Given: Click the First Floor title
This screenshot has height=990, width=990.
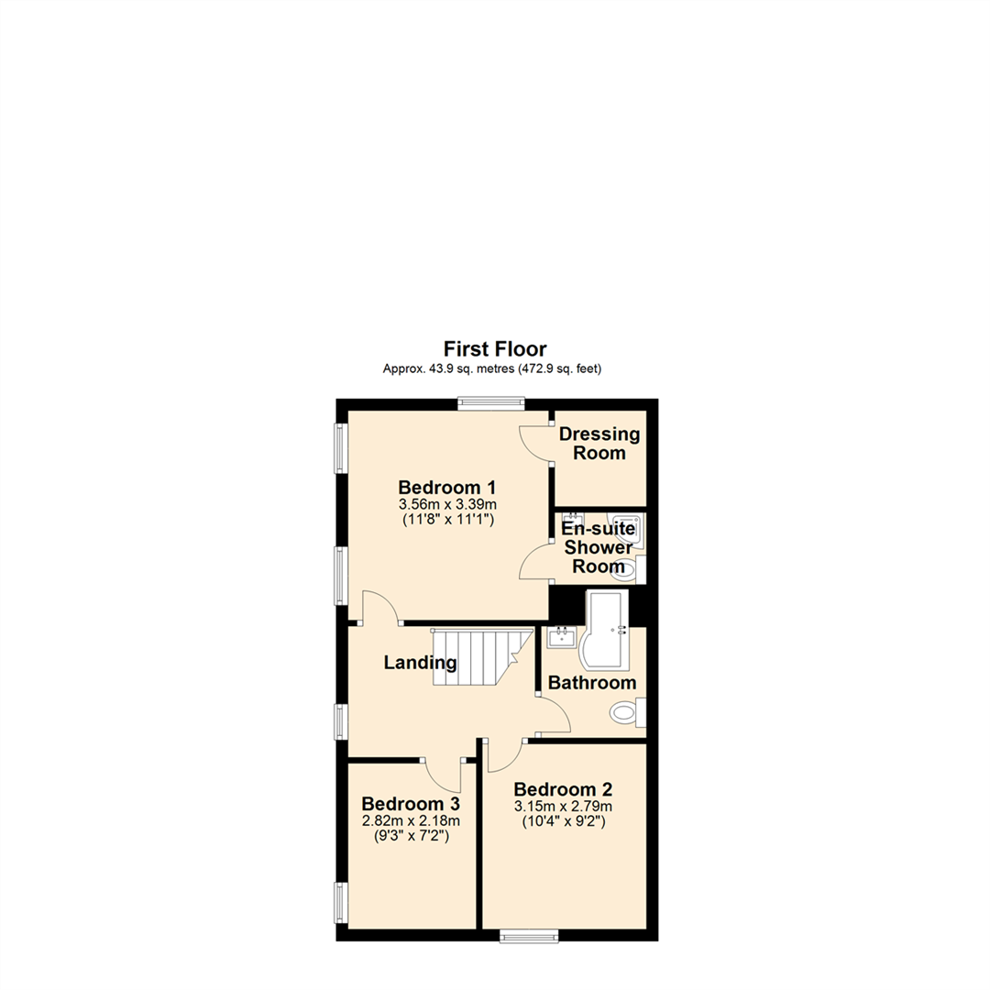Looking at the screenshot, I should click(x=495, y=348).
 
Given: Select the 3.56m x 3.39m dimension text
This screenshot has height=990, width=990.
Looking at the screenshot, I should click(x=447, y=504).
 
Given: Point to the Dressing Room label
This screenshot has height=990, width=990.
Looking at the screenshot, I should click(x=599, y=444).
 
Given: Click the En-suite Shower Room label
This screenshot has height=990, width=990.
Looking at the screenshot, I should click(x=598, y=547).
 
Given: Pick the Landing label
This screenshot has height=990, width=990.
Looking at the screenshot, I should click(x=420, y=662).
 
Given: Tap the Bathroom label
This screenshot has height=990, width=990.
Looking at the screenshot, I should click(x=591, y=683).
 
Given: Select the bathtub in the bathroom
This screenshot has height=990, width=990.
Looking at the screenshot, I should click(x=606, y=632).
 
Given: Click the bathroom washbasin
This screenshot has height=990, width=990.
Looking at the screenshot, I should click(x=560, y=636).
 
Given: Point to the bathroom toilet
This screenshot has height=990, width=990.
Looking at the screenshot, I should click(x=627, y=711).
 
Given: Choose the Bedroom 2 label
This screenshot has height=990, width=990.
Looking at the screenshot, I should click(x=563, y=789).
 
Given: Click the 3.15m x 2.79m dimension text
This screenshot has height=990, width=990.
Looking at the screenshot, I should click(x=563, y=807).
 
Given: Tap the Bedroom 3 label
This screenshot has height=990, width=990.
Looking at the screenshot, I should click(x=410, y=804).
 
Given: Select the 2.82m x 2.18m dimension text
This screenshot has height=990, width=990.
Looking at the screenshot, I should click(x=410, y=820).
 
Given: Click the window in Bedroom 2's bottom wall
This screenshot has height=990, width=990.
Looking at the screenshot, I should click(x=529, y=935).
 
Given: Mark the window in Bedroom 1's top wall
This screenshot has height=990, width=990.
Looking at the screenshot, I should click(x=491, y=401).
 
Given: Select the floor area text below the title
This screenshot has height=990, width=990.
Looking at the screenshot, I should click(x=495, y=369).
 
